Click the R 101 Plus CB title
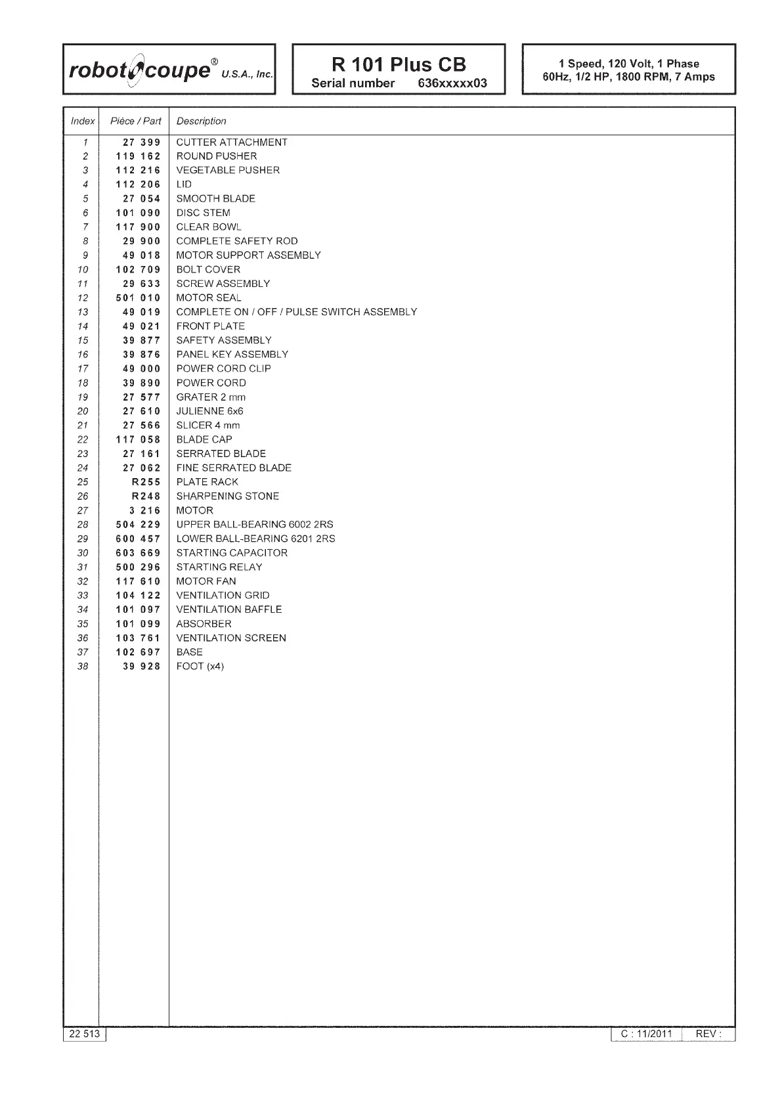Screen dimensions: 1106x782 (399, 64)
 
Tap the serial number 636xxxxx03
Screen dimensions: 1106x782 (452, 83)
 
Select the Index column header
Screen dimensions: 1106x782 (83, 121)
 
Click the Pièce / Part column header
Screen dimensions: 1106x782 (136, 121)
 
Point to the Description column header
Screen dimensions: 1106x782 (201, 121)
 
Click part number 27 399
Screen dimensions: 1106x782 (141, 143)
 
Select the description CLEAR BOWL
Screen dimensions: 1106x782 (209, 227)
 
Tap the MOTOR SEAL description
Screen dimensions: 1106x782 (209, 298)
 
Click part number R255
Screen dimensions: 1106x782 (146, 482)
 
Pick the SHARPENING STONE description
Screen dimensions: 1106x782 (227, 497)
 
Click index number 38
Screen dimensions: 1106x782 (83, 667)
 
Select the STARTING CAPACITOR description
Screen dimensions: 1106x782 (232, 553)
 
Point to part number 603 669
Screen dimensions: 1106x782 (138, 553)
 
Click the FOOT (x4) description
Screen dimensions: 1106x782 (200, 667)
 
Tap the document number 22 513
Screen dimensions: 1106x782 (85, 1034)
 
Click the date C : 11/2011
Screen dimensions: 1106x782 (647, 1034)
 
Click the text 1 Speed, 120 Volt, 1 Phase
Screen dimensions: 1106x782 (628, 64)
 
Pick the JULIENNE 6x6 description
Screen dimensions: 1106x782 (209, 411)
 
